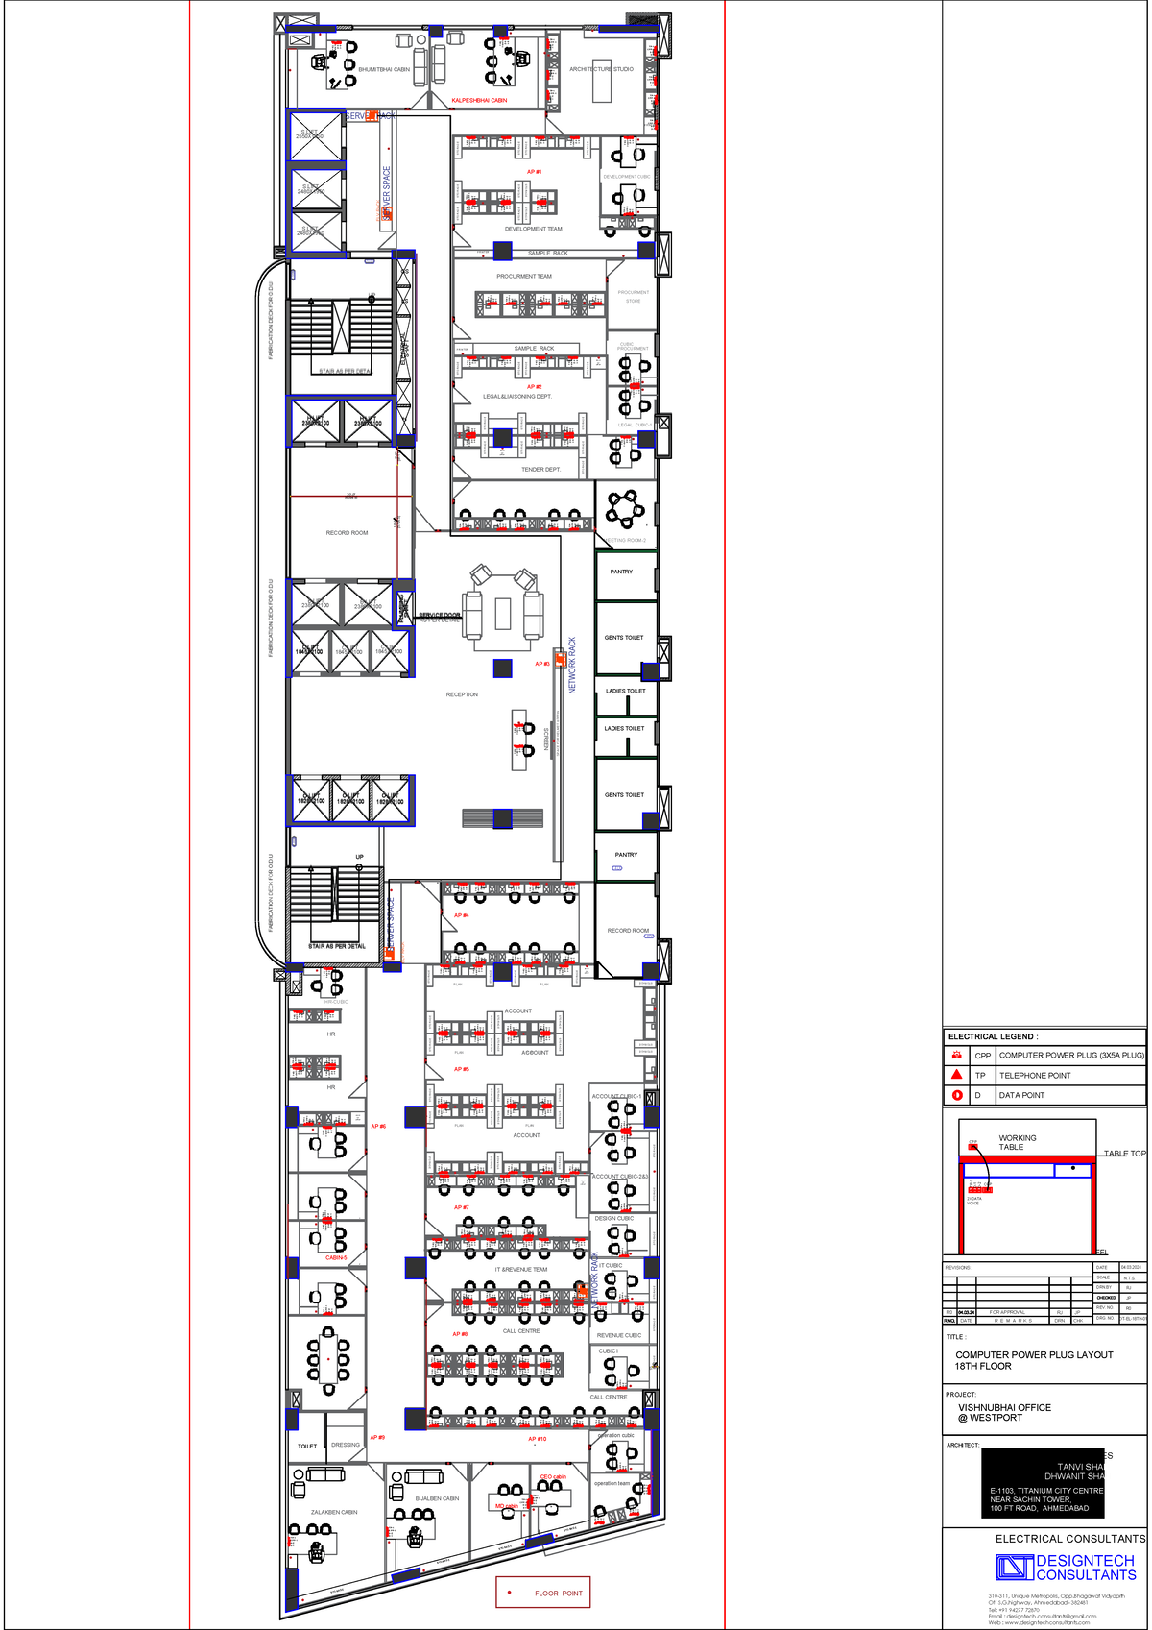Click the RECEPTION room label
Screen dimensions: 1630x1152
click(x=462, y=694)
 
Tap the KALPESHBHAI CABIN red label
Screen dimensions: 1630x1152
click(x=479, y=100)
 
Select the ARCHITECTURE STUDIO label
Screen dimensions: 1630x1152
click(x=601, y=69)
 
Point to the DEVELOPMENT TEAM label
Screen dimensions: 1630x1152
click(x=533, y=229)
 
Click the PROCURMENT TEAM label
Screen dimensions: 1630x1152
click(x=523, y=276)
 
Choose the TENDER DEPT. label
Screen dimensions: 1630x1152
click(x=540, y=470)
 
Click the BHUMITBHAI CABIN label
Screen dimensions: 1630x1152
click(x=384, y=69)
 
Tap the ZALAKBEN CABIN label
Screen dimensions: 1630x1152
click(x=334, y=1512)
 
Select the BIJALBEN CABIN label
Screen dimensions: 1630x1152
click(x=437, y=1498)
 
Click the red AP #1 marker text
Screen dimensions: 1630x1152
click(x=534, y=172)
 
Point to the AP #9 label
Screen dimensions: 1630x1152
click(x=377, y=1437)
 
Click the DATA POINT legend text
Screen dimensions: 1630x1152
click(x=1021, y=1095)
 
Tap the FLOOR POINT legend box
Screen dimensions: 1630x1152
click(x=543, y=1593)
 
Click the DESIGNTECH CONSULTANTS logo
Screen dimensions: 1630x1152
click(x=1067, y=1568)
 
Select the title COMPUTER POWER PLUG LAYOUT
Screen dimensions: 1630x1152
click(x=1034, y=1354)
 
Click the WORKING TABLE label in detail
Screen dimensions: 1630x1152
click(x=1017, y=1142)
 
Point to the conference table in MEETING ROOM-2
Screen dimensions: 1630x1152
click(x=626, y=508)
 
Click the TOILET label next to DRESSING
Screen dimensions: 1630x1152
click(x=307, y=1446)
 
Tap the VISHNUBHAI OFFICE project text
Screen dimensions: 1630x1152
click(x=1004, y=1407)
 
